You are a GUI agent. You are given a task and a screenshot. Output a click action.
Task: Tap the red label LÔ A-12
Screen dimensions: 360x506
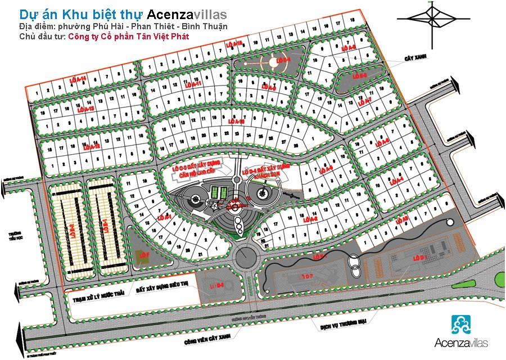(x=91, y=146)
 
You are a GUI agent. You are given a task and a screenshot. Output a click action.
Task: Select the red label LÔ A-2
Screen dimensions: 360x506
(x=311, y=219)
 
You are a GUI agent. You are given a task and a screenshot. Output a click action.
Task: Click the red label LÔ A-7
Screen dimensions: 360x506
(x=364, y=102)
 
